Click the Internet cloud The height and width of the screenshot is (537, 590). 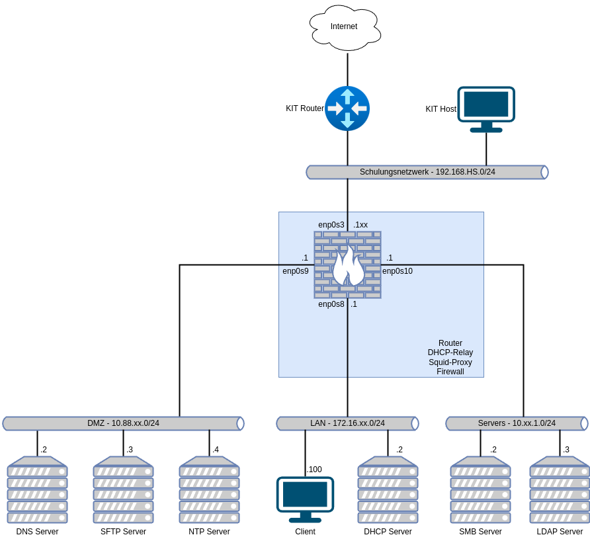pyautogui.click(x=345, y=28)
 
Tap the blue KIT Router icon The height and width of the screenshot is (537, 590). pyautogui.click(x=347, y=108)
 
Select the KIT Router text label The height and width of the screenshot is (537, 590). pyautogui.click(x=305, y=108)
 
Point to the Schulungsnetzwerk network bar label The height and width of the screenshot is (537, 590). pyautogui.click(x=427, y=172)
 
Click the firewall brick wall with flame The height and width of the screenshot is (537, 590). pyautogui.click(x=348, y=265)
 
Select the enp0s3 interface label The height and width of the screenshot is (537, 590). pyautogui.click(x=331, y=225)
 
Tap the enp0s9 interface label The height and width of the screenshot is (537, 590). pyautogui.click(x=296, y=271)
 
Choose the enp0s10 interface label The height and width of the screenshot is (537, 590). pyautogui.click(x=398, y=271)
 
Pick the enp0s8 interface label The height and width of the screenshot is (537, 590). pyautogui.click(x=331, y=304)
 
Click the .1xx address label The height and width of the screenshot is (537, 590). pyautogui.click(x=360, y=225)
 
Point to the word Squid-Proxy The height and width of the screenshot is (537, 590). pyautogui.click(x=450, y=362)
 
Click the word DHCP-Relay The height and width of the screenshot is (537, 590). pyautogui.click(x=450, y=352)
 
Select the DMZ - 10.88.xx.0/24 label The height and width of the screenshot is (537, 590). pyautogui.click(x=123, y=423)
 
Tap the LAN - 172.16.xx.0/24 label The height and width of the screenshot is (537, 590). pyautogui.click(x=347, y=423)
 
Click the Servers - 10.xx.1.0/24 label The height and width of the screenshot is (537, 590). pyautogui.click(x=517, y=423)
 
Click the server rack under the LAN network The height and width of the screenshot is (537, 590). pyautogui.click(x=388, y=489)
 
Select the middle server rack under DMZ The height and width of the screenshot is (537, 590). pyautogui.click(x=123, y=489)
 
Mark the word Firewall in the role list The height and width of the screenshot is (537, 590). pyautogui.click(x=450, y=372)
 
